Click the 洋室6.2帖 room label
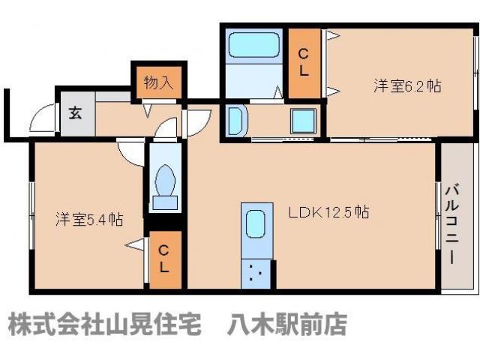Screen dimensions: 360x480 click(407, 86)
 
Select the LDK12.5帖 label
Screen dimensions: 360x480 click(328, 212)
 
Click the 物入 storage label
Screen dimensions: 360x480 click(158, 82)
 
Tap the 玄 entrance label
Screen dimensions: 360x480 click(76, 114)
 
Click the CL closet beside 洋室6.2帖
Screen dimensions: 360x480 click(304, 63)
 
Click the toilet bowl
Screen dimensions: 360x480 click(165, 180)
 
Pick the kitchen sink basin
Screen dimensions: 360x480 click(256, 224)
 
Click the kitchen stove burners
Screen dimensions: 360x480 click(256, 273)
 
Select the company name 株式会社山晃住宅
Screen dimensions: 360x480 click(105, 325)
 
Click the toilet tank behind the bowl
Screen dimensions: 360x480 click(165, 201)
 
